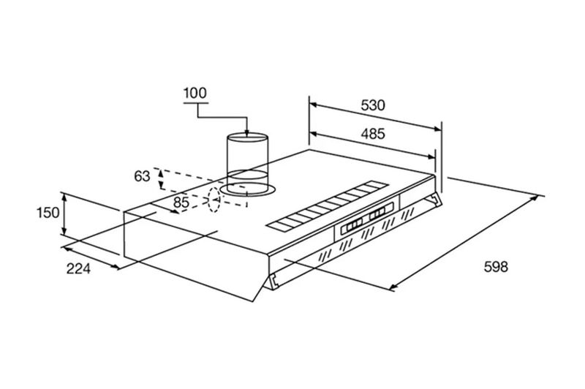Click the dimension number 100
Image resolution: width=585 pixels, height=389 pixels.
click(195, 93)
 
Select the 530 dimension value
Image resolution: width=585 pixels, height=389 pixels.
click(373, 105)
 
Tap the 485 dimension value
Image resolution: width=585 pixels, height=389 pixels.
click(373, 134)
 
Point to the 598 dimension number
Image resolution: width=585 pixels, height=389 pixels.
click(495, 266)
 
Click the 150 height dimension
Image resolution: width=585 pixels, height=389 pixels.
click(46, 213)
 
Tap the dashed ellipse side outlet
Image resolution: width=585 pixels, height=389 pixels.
click(214, 200)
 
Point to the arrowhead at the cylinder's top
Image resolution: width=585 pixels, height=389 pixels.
click(247, 133)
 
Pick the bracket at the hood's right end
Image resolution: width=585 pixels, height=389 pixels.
click(437, 200)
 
